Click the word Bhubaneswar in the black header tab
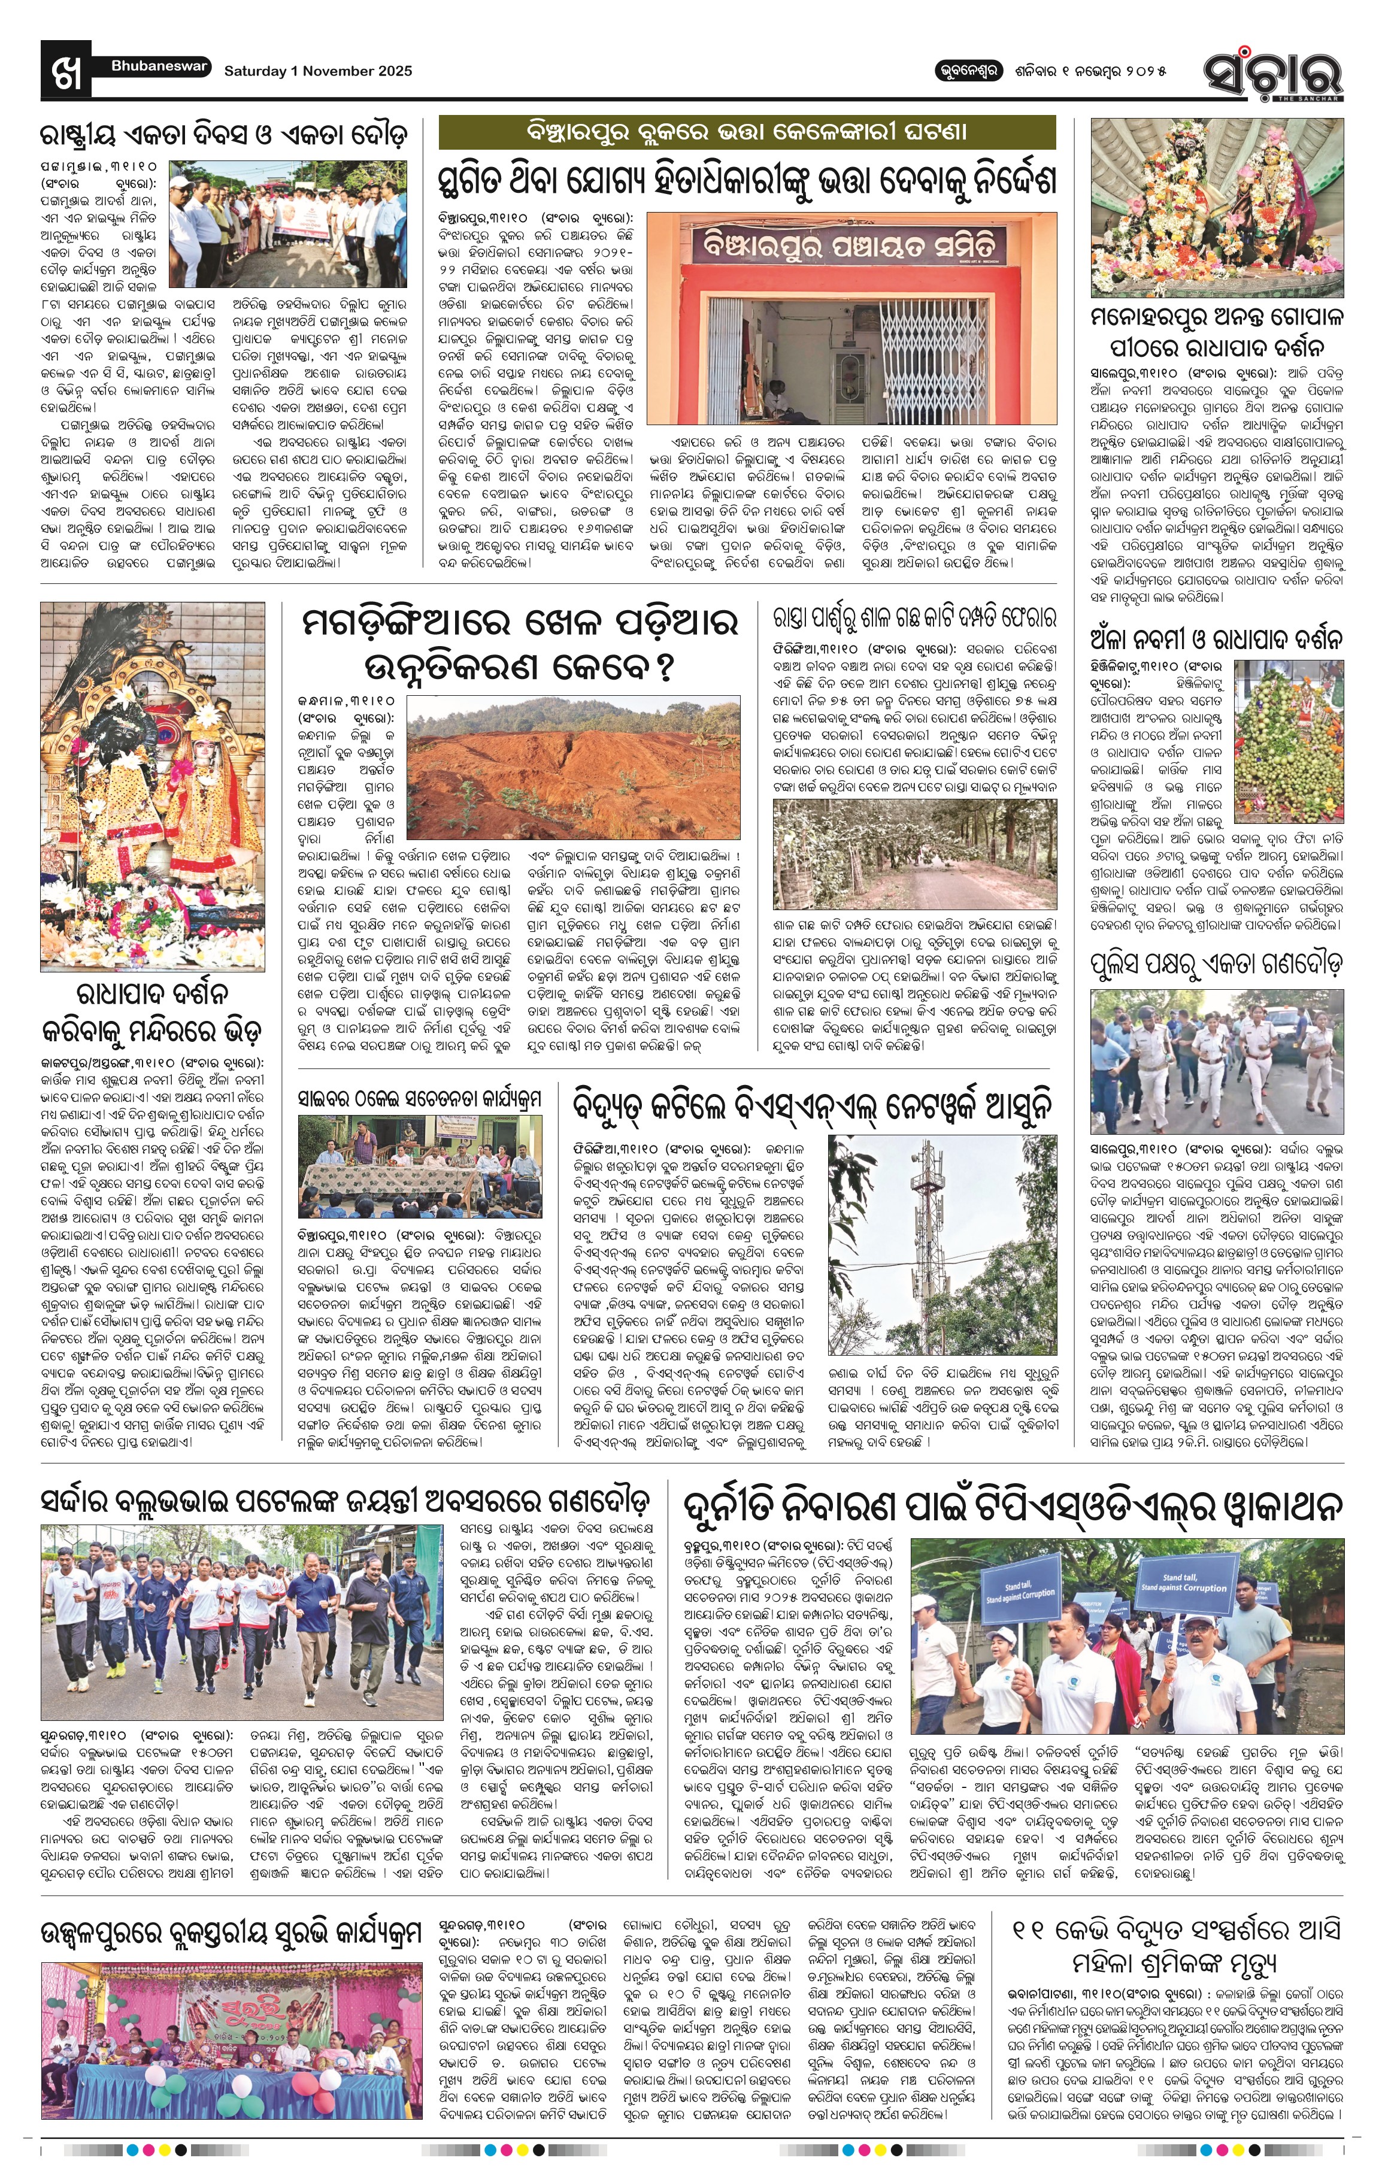pyautogui.click(x=159, y=66)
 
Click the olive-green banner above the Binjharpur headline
pyautogui.click(x=746, y=132)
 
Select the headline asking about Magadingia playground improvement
pyautogui.click(x=520, y=644)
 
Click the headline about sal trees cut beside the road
pyautogui.click(x=914, y=618)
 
